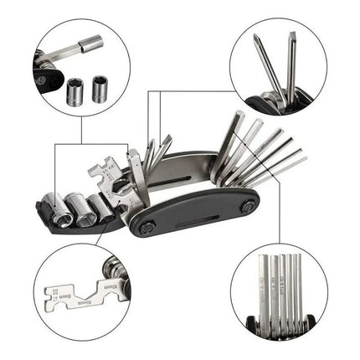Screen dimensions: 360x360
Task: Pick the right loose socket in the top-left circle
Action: [x=100, y=88]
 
